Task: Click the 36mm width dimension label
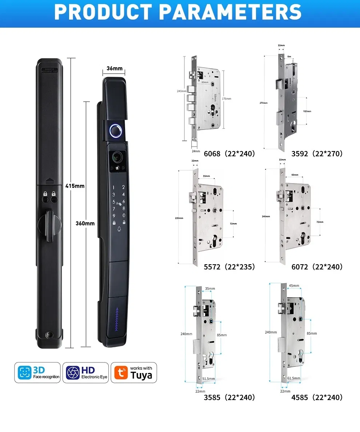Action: click(115, 69)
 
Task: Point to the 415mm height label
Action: click(75, 186)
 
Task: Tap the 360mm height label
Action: click(85, 223)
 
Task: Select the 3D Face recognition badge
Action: click(37, 373)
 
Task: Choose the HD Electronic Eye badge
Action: click(85, 373)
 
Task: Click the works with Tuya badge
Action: click(134, 373)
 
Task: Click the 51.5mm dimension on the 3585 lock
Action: click(208, 379)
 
